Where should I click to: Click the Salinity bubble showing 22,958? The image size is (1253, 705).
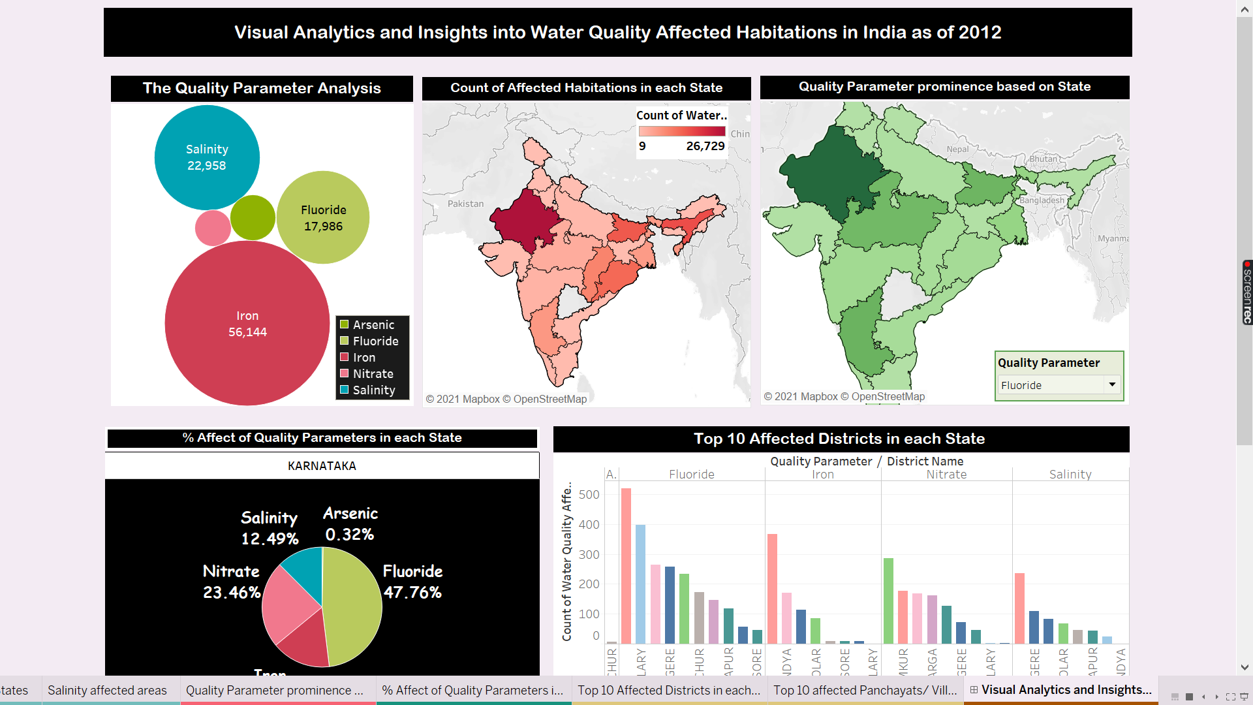207,157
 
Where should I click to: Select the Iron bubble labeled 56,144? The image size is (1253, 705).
247,324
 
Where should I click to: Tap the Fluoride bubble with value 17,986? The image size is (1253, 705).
323,218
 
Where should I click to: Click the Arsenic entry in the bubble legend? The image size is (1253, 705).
373,324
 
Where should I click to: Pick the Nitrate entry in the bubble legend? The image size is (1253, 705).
373,373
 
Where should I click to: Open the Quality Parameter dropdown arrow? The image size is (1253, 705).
1112,384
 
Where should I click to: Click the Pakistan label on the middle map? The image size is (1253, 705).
465,204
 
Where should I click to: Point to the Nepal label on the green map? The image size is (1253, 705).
957,149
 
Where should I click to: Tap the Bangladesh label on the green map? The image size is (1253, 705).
1042,200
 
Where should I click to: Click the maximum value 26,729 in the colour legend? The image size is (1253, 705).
705,146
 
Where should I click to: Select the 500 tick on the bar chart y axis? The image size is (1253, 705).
589,495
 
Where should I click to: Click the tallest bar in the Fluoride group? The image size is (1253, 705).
626,565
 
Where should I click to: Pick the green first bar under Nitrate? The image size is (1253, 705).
888,601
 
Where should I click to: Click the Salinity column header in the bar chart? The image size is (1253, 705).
1070,475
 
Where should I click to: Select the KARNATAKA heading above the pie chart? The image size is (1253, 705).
322,466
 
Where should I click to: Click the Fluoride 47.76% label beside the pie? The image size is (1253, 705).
412,582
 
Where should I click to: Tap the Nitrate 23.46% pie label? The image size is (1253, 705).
232,582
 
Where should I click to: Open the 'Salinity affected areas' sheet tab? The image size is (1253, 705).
107,690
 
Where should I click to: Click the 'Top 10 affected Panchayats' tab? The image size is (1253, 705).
865,690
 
